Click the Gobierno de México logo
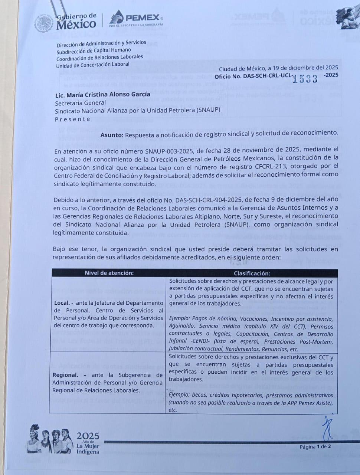pos(67,22)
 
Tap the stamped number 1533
pos(305,78)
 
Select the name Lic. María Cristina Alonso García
pos(103,94)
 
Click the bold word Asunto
pos(111,135)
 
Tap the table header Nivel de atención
pos(109,273)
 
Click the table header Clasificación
pos(252,273)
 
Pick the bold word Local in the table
pos(61,303)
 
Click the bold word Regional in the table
pos(65,375)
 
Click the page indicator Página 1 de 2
pos(315,446)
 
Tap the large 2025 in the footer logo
pos(88,436)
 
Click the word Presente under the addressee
pos(73,119)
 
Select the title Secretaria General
pos(81,103)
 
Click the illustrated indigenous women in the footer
pos(50,440)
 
